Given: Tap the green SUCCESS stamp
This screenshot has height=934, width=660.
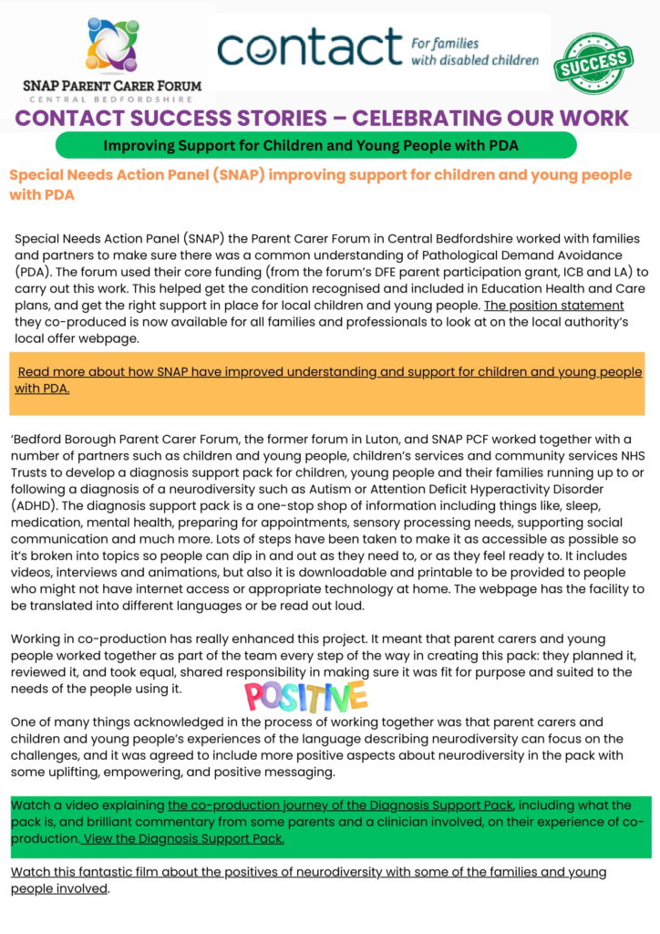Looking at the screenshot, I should click(x=593, y=63).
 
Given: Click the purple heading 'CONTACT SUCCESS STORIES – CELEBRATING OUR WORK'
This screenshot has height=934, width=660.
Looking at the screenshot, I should click(x=322, y=118).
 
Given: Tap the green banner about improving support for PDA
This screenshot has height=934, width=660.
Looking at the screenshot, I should click(x=316, y=145).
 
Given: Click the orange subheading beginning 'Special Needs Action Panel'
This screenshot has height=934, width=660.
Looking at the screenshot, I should click(x=319, y=184).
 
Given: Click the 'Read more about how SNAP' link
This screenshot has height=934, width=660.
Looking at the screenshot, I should click(x=329, y=379).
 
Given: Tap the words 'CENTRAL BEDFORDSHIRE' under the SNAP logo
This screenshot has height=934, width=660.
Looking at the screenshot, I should click(x=113, y=99).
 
